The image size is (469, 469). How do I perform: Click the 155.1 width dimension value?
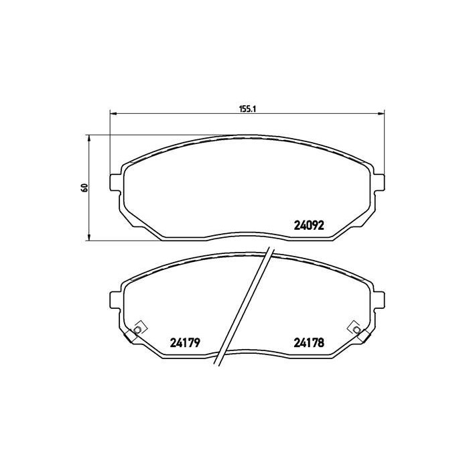click(x=248, y=109)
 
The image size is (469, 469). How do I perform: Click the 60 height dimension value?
click(x=85, y=188)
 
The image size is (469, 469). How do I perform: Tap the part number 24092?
click(x=309, y=225)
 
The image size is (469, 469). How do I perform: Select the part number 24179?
click(x=185, y=342)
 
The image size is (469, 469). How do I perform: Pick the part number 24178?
click(x=309, y=342)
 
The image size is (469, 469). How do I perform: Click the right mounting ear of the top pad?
click(x=379, y=182)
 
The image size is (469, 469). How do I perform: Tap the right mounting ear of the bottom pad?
click(x=379, y=299)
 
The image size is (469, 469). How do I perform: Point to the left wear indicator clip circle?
click(x=137, y=330)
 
